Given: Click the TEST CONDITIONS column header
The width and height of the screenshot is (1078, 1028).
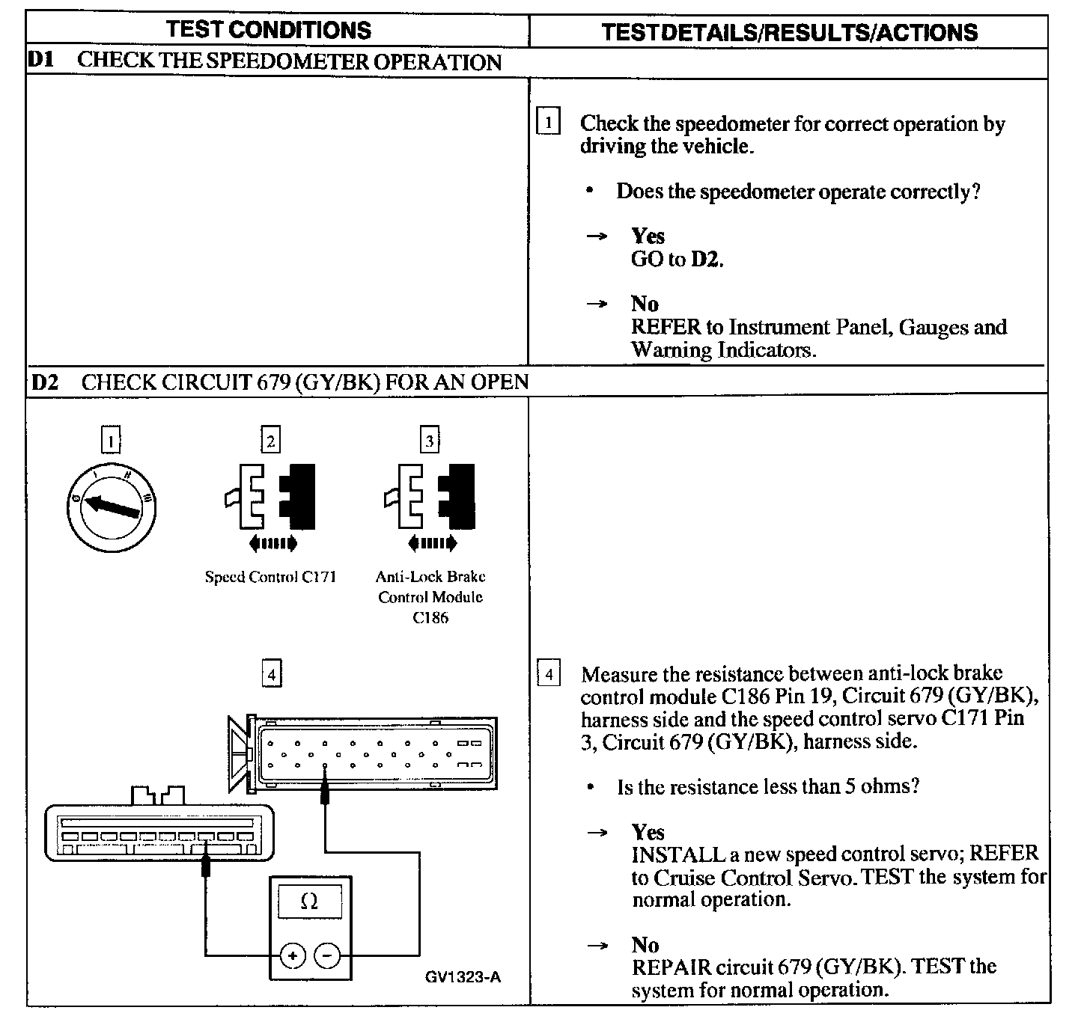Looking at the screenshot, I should click(x=269, y=30).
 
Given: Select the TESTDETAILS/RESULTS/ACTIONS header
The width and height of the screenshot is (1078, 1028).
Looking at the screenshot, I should click(x=789, y=32).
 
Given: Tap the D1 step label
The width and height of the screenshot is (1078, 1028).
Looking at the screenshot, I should click(x=42, y=61).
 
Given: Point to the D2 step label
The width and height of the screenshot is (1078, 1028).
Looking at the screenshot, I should click(x=46, y=382).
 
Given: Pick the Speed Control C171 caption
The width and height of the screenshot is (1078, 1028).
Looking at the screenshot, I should click(x=270, y=577).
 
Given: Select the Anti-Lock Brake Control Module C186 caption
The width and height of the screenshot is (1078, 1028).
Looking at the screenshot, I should click(x=430, y=597).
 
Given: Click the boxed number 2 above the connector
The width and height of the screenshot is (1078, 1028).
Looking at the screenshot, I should click(x=270, y=440).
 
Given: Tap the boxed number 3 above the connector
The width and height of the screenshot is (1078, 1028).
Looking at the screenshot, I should click(x=430, y=440).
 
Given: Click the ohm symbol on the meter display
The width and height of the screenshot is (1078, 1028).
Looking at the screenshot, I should click(x=309, y=902).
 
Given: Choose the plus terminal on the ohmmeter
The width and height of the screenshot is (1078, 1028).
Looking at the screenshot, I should click(x=292, y=955).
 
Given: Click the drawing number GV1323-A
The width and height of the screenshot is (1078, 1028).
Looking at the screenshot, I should click(x=463, y=977).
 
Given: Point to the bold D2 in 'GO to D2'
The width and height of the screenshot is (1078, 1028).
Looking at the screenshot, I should click(x=707, y=260).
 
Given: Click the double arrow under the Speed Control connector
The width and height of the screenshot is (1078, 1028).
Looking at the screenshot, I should click(x=272, y=543).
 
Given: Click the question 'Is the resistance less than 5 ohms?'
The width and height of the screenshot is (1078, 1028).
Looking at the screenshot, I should click(x=767, y=786).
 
